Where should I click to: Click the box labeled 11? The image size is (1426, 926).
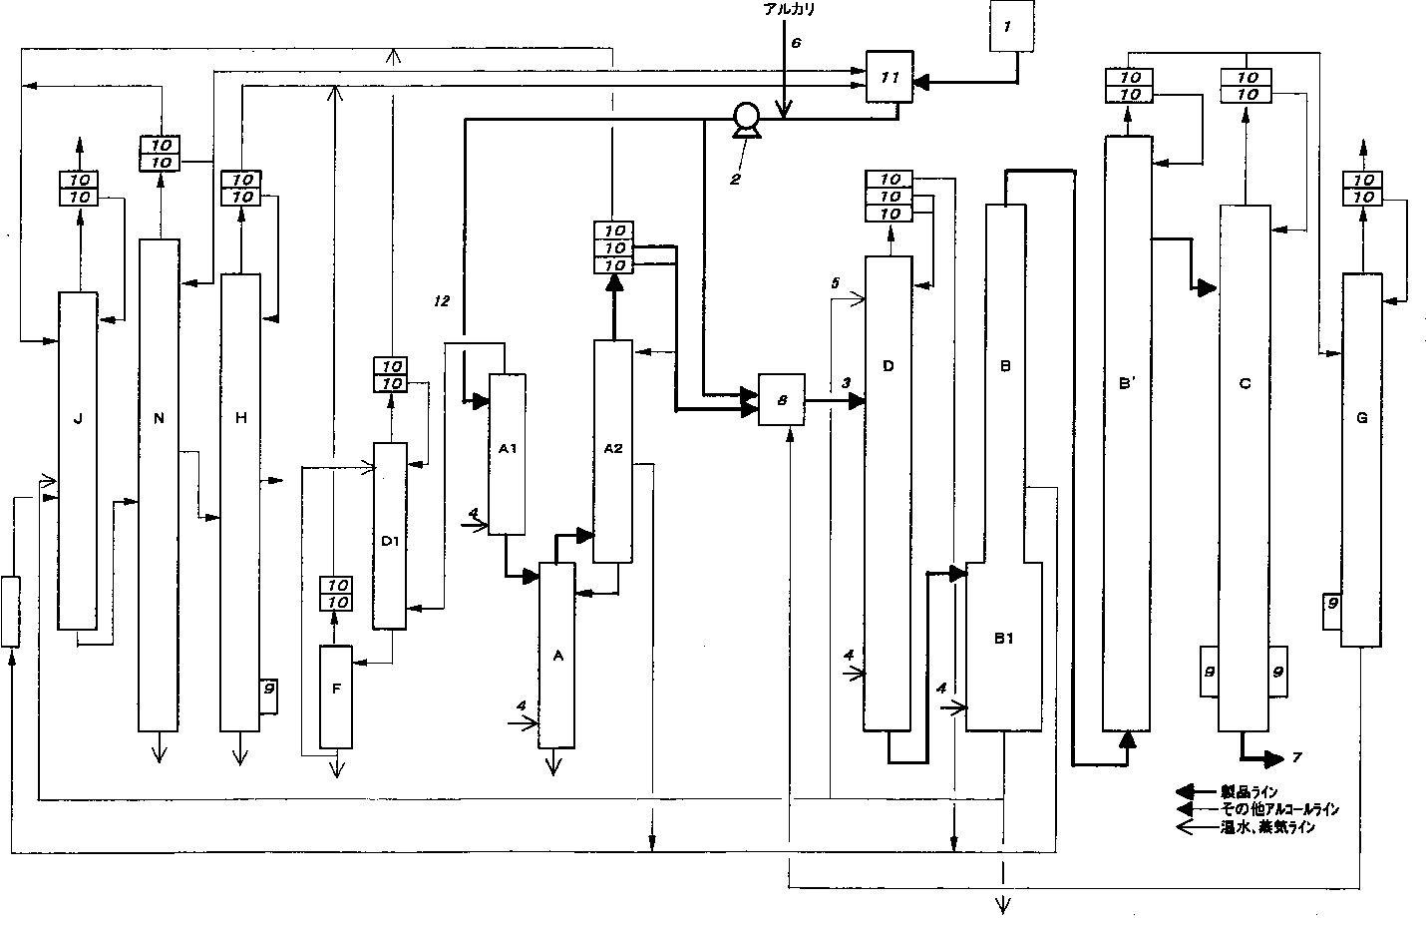[890, 77]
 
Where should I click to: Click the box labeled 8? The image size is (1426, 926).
[782, 399]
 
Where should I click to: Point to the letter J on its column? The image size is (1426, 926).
[78, 419]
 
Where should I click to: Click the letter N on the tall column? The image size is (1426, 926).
[159, 419]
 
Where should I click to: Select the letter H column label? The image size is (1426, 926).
[240, 418]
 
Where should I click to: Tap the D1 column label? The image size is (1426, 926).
[390, 541]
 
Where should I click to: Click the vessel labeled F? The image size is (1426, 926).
[336, 696]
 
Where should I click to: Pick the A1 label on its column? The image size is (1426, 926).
[507, 448]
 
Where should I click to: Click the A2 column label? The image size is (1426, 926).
[613, 448]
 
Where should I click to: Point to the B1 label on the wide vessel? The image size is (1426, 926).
[1003, 639]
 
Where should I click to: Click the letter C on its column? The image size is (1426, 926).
[1245, 383]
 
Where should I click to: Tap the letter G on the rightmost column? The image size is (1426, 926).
[1362, 418]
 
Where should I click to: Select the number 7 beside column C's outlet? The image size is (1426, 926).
[1296, 758]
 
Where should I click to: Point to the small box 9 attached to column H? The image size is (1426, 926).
[267, 688]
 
